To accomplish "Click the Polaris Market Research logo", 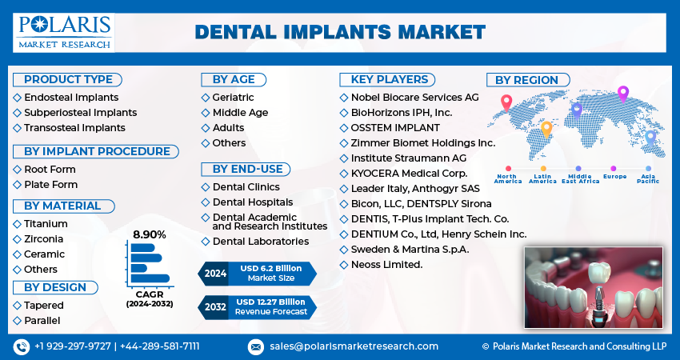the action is point(64,33).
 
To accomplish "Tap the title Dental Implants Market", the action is point(340,33).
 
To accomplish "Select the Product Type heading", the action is point(68,80).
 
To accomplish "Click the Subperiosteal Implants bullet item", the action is point(80,113).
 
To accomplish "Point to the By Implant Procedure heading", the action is point(96,151).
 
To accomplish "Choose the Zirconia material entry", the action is point(43,239).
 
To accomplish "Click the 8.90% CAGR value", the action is point(149,234).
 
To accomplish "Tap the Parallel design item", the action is point(42,321).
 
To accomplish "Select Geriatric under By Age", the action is point(233,98).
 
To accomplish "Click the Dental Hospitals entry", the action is point(252,202).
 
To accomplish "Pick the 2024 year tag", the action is point(215,274).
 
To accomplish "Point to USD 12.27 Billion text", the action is point(270,302).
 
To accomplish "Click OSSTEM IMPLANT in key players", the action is point(395,128).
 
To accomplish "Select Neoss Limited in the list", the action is point(386,265).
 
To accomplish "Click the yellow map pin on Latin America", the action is point(546,130).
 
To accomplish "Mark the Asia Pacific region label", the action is point(648,178).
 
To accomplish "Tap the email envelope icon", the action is point(255,347).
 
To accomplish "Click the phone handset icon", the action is point(22,347).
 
